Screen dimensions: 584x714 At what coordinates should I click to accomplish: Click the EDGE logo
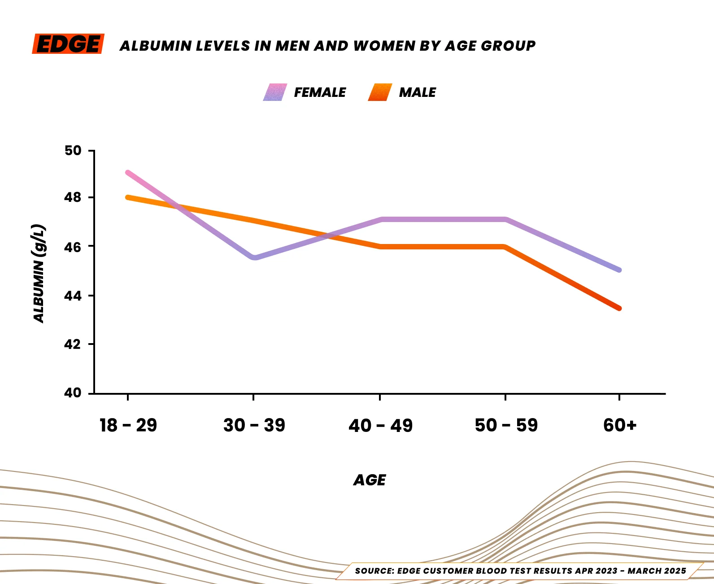pos(68,44)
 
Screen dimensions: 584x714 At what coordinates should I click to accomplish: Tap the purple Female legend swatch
pos(275,92)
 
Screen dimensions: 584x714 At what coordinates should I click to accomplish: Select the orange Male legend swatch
pos(380,92)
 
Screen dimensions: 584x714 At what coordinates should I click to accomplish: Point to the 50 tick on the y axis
pos(73,151)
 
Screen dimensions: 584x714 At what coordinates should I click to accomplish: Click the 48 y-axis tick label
pos(73,197)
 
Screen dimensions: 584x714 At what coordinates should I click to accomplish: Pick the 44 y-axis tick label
pos(73,296)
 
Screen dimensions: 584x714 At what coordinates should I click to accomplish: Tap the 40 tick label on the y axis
pos(73,393)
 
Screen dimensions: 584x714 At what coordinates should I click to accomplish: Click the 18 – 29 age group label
pos(128,425)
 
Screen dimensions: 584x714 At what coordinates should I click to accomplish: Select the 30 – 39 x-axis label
pos(254,425)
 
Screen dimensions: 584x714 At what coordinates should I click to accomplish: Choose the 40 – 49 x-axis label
pos(380,425)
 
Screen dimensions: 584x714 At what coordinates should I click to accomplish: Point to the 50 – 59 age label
pos(506,425)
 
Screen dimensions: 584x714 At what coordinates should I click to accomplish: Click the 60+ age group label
pos(620,425)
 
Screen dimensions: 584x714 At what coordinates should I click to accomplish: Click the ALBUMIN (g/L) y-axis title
pos(39,273)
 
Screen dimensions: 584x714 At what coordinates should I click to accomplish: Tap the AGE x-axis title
pos(370,480)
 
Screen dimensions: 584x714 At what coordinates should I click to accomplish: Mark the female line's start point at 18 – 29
pos(128,173)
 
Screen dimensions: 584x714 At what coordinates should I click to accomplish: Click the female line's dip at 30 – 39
pos(254,257)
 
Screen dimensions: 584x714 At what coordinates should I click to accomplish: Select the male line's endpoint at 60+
pos(619,308)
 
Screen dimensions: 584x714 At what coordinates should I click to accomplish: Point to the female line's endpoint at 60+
pos(619,270)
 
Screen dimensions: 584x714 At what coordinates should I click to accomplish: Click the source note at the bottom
pos(520,571)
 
